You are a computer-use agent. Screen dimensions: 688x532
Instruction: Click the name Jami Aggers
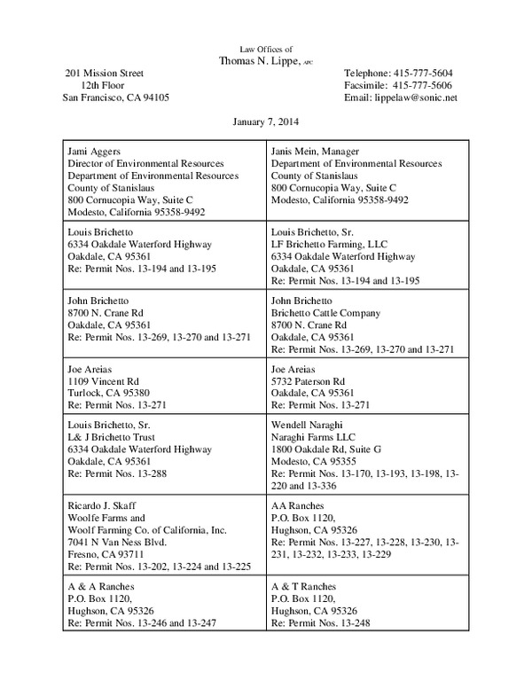click(x=93, y=151)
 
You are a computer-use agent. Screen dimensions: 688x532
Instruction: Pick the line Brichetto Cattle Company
click(x=325, y=313)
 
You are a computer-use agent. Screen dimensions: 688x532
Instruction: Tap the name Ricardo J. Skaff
click(x=103, y=505)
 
